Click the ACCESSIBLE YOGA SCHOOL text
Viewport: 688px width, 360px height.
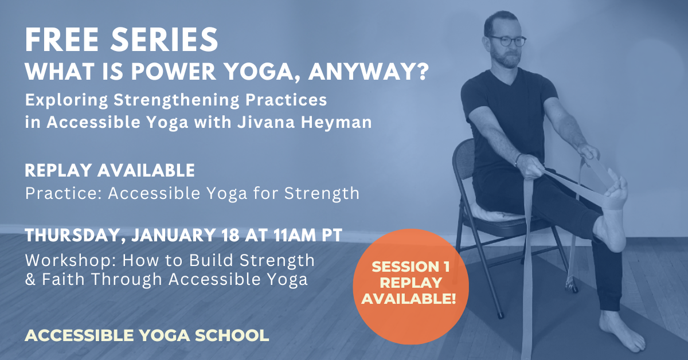coord(147,335)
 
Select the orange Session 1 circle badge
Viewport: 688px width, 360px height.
coord(411,283)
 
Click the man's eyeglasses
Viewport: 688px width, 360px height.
coord(508,41)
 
